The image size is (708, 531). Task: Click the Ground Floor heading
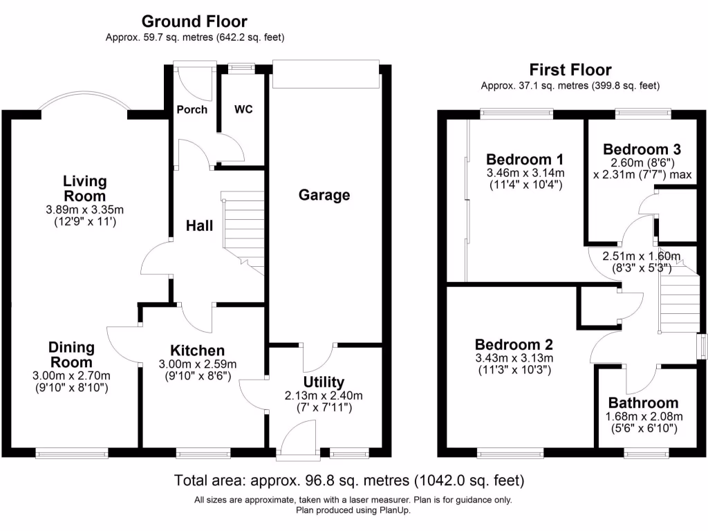194,22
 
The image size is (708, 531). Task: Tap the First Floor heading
570,70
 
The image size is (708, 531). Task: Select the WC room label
243,109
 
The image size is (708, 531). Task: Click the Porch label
192,109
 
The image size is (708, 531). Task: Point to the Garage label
324,195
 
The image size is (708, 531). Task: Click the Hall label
199,225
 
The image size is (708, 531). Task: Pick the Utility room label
324,382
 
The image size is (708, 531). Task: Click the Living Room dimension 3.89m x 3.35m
85,209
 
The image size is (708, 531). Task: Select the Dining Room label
71,355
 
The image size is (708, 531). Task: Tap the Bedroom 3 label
642,149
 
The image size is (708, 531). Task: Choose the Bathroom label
643,403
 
